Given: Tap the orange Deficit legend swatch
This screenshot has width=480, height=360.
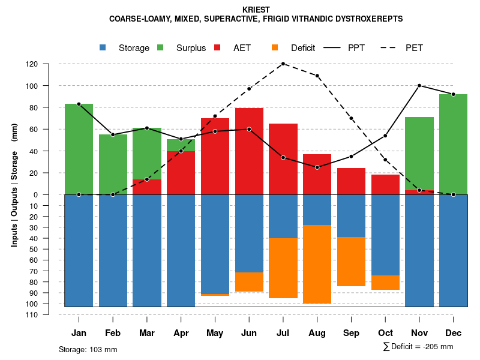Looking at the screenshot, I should point(275,48).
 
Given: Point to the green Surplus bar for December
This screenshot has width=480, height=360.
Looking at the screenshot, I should point(453,144).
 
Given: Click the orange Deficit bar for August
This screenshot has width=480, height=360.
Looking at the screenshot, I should point(317,264).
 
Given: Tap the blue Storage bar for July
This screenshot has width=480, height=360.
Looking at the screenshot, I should point(283,216).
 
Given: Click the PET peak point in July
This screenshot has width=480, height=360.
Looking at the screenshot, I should point(283,64).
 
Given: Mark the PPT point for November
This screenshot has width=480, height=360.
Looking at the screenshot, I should point(419,86).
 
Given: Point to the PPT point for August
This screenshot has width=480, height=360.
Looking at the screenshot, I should point(317,167).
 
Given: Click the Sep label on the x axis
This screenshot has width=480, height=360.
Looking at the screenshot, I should point(351,333).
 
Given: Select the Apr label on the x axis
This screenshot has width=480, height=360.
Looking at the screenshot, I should point(181,333).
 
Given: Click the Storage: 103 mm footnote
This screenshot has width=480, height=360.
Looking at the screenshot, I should point(88,349).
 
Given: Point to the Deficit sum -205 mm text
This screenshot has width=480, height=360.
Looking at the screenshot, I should point(418,347).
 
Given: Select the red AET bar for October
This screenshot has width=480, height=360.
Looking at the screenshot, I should point(385,184).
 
